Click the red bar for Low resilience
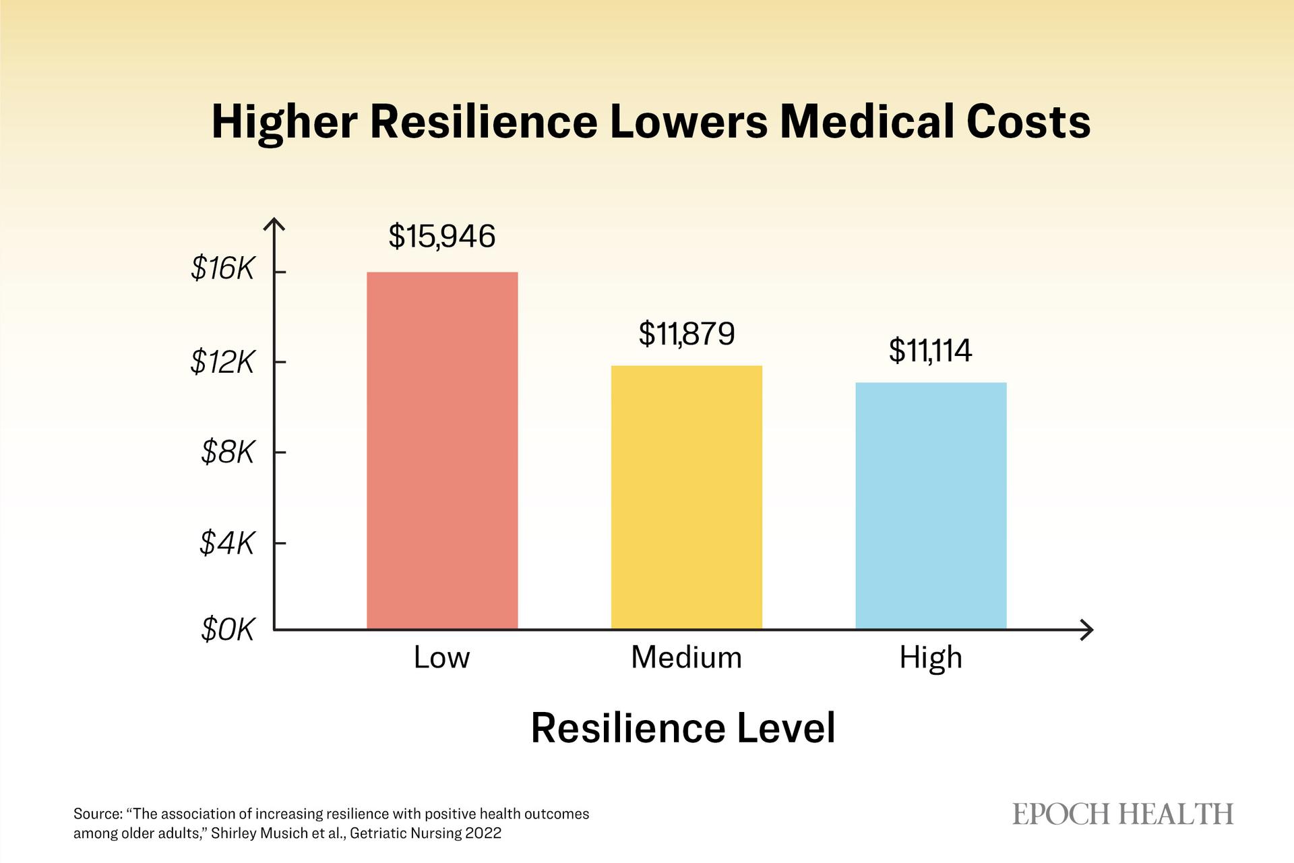click(x=442, y=450)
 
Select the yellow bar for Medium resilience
click(x=686, y=497)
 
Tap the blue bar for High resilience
click(x=931, y=506)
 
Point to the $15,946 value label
click(x=442, y=236)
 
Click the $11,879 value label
click(x=686, y=334)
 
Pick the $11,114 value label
click(x=930, y=351)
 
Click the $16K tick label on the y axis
click(x=222, y=269)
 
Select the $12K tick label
click(x=222, y=362)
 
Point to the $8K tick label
click(x=227, y=452)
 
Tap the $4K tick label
click(x=226, y=543)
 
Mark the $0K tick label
click(x=227, y=630)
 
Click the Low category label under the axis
click(x=441, y=657)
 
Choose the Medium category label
click(x=686, y=657)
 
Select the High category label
click(x=931, y=658)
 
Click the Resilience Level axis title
click(x=683, y=728)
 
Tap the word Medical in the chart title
click(x=865, y=122)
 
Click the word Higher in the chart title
click(x=284, y=123)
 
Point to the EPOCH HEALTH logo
click(x=1123, y=814)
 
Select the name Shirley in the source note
click(x=233, y=833)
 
